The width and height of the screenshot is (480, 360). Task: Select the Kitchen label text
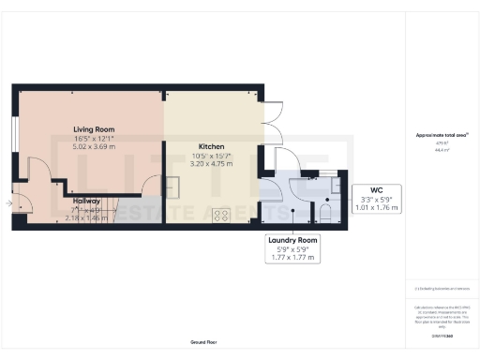click(x=184, y=147)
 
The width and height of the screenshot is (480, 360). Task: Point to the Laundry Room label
click(x=292, y=241)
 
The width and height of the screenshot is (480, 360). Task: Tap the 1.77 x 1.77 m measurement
click(x=292, y=258)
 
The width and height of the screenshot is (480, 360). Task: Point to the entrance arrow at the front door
click(x=9, y=202)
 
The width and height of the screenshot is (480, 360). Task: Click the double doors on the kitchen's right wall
click(x=269, y=127)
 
